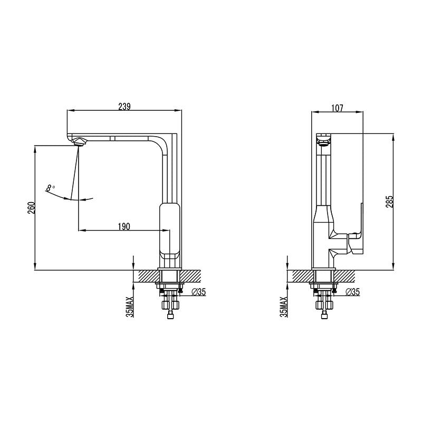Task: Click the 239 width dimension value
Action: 124,107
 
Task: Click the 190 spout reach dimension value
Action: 123,226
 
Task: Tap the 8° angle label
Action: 50,187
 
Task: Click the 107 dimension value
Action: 337,108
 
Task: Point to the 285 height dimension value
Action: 389,202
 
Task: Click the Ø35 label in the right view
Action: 352,292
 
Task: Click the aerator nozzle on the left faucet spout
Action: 79,141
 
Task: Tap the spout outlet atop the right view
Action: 323,139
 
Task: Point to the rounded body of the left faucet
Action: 169,229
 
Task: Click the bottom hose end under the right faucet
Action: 323,315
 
